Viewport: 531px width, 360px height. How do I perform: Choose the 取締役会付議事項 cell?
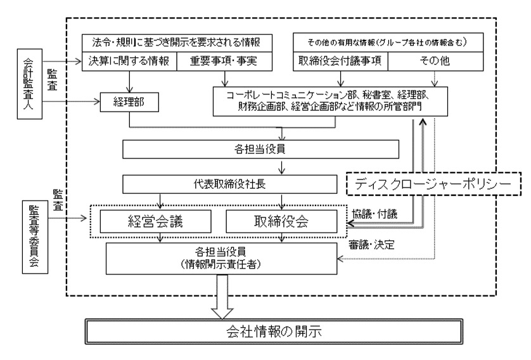(340, 62)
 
